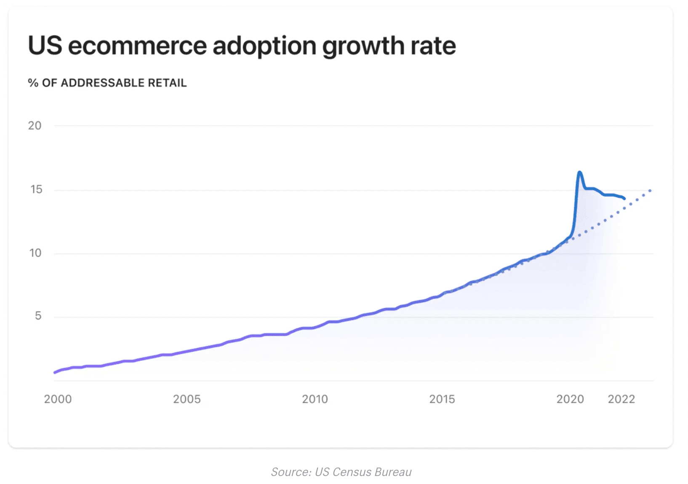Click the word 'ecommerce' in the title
[137, 46]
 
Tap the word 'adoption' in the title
[264, 46]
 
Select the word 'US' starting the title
[45, 46]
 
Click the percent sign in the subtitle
[33, 83]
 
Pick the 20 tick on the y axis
[35, 126]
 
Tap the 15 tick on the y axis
[36, 189]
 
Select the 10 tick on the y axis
[35, 253]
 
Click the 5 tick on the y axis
[38, 316]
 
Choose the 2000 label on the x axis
[58, 399]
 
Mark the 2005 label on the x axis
[187, 399]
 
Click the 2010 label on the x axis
[315, 399]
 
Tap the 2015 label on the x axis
[442, 399]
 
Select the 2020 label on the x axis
[570, 399]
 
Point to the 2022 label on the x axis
[621, 399]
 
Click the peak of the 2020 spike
[580, 172]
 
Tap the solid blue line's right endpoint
[624, 198]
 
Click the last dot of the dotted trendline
[650, 191]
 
